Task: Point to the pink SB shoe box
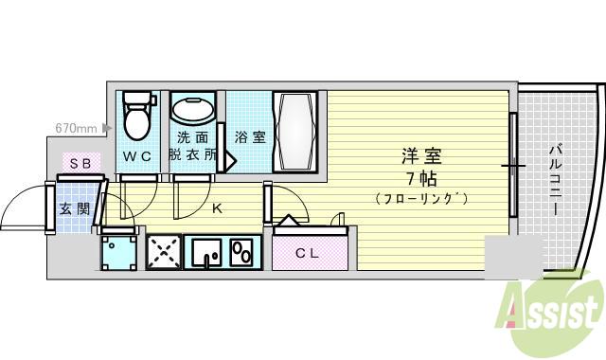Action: tap(80, 163)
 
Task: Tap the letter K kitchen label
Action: tap(216, 208)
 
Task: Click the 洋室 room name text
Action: tap(420, 154)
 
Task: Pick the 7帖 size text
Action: tap(420, 177)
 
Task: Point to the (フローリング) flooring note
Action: tap(421, 198)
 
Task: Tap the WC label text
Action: tap(138, 156)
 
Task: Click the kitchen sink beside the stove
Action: tap(206, 253)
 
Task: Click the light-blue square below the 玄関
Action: tap(119, 253)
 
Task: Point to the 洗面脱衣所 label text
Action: tap(193, 144)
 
